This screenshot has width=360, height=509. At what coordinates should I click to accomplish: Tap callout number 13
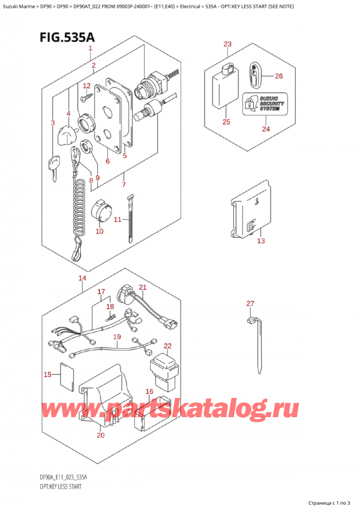click(260, 241)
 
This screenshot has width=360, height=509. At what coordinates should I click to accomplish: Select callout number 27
click(250, 304)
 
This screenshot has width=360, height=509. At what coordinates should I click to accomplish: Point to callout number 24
click(265, 128)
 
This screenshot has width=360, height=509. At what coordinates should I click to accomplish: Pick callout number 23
click(227, 44)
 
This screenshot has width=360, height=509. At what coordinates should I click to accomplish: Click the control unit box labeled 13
click(248, 212)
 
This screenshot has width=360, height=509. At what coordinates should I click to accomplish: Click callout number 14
click(82, 278)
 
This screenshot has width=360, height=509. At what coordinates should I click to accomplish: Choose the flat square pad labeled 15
click(67, 376)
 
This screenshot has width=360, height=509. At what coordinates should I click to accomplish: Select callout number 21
click(142, 288)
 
